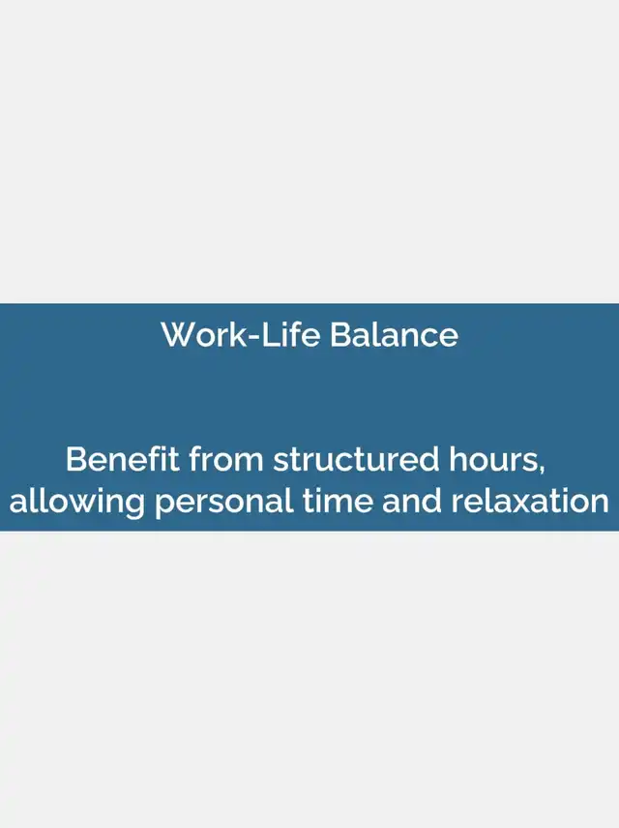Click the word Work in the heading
(204, 334)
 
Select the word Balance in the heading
(394, 334)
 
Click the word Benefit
(122, 458)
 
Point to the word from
(226, 458)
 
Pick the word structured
(356, 458)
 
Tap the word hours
(494, 458)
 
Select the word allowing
(77, 502)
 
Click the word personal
(224, 502)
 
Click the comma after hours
(542, 468)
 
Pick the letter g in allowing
(133, 506)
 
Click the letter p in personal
(165, 506)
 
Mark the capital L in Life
(269, 334)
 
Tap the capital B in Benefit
(76, 458)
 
